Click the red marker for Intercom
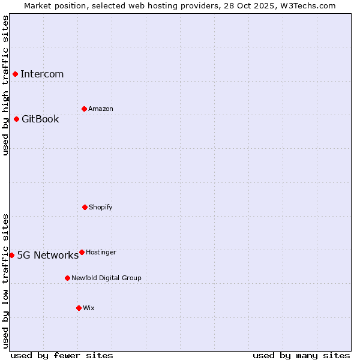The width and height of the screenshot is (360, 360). coord(16,74)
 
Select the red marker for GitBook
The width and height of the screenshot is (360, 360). coord(17,119)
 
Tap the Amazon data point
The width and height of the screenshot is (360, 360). coord(84,109)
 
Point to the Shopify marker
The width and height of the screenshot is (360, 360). coord(85,207)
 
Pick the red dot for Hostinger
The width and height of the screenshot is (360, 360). coord(82,252)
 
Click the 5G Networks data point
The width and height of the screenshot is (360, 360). coord(12,255)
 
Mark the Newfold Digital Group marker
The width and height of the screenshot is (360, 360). coord(67,278)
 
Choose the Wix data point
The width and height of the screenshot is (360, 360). coord(79,308)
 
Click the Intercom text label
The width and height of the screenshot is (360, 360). coord(42,74)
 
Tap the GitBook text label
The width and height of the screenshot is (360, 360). coord(40,119)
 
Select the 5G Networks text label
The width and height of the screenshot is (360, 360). coord(47,255)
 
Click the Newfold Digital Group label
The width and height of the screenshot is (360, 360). coord(106,278)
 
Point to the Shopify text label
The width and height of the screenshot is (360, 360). coord(100,207)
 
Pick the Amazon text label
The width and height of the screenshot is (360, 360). coord(100,109)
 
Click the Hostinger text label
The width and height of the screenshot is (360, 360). coord(101,252)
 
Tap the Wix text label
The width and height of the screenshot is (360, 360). coord(88,308)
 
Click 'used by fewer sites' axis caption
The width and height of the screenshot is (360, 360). coord(62,355)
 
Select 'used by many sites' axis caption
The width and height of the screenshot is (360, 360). coord(301,355)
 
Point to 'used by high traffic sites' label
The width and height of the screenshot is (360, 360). coord(5,85)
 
